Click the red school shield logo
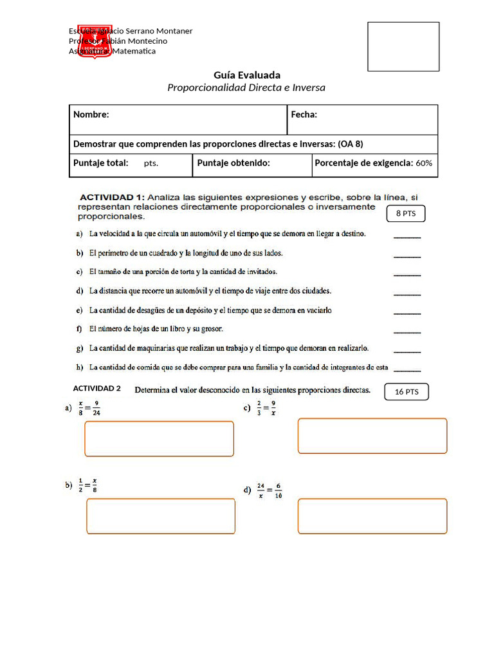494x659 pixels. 95,42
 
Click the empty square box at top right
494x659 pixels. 403,46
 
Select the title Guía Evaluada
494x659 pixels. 247,75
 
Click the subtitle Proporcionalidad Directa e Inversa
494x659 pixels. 246,88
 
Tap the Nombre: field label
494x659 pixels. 91,115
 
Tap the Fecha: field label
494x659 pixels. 304,115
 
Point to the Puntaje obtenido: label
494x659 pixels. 233,163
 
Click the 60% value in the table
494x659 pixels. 424,163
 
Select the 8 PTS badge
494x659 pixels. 405,214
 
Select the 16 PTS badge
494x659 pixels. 407,391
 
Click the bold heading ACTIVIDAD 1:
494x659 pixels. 111,197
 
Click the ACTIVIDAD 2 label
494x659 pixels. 97,389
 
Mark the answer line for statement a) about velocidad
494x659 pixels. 407,236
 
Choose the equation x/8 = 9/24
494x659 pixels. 89,409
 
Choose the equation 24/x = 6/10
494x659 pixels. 269,490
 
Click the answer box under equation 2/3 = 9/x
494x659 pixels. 372,436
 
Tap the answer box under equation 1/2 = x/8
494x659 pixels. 160,516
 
